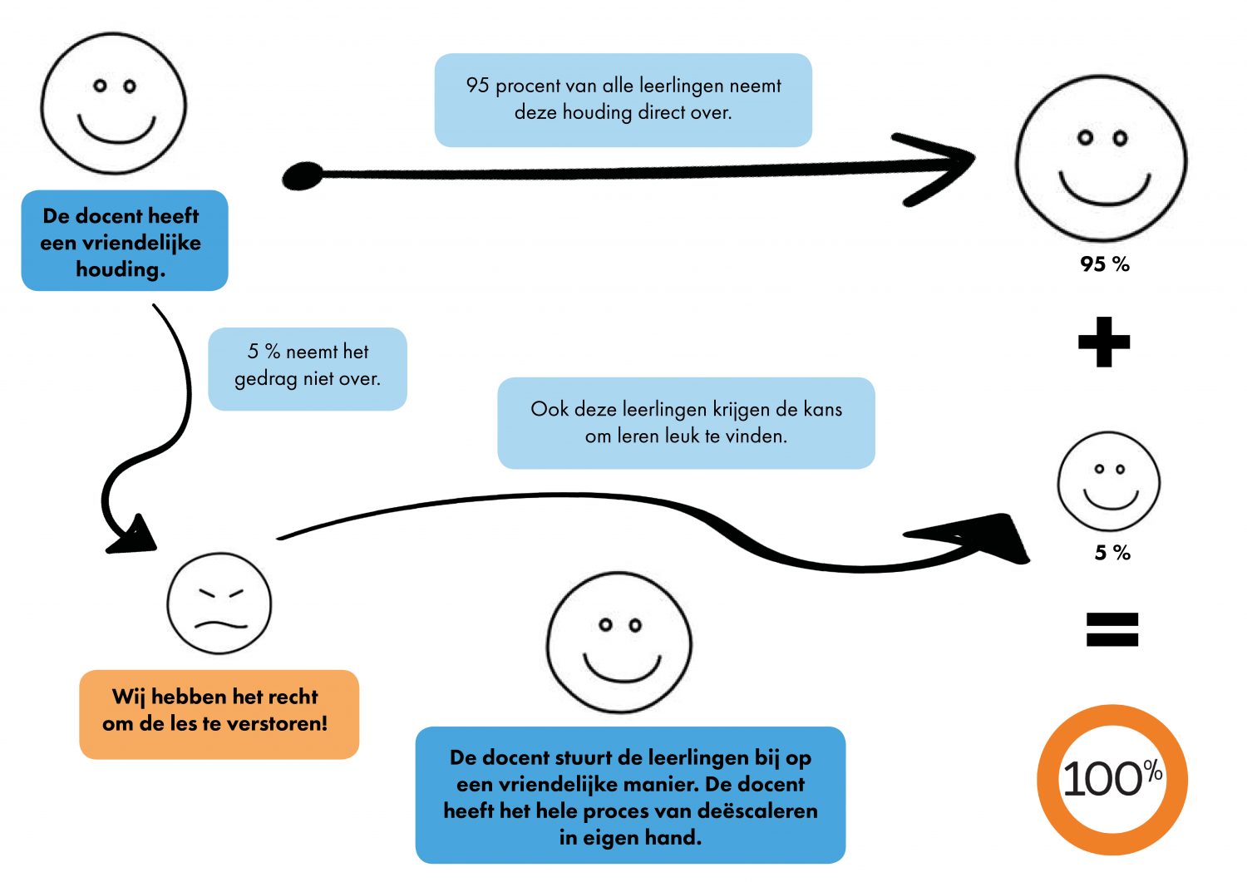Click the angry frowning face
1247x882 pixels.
[x=219, y=604]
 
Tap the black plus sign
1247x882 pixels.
[x=1104, y=342]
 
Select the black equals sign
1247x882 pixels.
[x=1111, y=629]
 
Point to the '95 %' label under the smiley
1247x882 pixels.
[x=1104, y=264]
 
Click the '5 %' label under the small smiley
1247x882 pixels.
[x=1112, y=553]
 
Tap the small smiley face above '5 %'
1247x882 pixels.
[x=1108, y=481]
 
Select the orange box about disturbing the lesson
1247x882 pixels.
[x=219, y=714]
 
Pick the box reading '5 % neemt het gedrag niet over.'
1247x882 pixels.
[x=307, y=368]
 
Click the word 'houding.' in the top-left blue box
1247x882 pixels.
[x=121, y=269]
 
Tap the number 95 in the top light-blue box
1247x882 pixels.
[x=477, y=86]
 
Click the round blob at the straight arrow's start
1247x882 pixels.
[x=302, y=175]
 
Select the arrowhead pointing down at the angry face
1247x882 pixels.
[x=136, y=536]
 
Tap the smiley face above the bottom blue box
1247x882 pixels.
[x=619, y=643]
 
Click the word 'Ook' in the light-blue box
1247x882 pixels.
[x=550, y=410]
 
